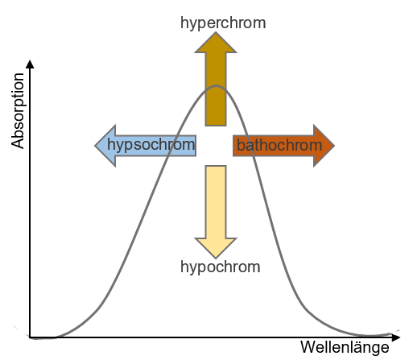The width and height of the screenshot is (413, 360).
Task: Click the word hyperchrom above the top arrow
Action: coord(223,23)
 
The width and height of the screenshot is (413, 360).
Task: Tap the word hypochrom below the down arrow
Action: coord(221,267)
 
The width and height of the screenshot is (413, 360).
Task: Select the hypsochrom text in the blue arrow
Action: coord(151,145)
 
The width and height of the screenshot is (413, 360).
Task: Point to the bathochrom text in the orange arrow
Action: coord(279,145)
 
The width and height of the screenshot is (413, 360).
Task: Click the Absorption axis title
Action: coord(18,110)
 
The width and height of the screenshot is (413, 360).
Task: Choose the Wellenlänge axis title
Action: coord(345,347)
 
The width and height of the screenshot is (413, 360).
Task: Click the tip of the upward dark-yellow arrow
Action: coord(216,32)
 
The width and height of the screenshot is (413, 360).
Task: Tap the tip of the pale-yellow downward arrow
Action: coord(216,258)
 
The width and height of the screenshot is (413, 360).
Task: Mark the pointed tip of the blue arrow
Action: coord(95,146)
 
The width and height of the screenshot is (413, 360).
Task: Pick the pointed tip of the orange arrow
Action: coord(334,146)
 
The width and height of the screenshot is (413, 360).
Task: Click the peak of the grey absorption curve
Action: coord(216,86)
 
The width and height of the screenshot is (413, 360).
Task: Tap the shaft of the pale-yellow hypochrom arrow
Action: coord(216,202)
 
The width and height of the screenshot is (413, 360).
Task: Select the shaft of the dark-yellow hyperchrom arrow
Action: coord(216,89)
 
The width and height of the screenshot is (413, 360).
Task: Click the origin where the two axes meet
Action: coord(30,337)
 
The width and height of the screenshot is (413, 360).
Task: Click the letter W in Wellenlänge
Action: coord(308,347)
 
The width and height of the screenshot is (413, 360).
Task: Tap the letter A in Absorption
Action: coord(18,143)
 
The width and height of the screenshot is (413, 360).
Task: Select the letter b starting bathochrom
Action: coord(240,145)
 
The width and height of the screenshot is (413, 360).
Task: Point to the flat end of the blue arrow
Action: coord(196,146)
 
